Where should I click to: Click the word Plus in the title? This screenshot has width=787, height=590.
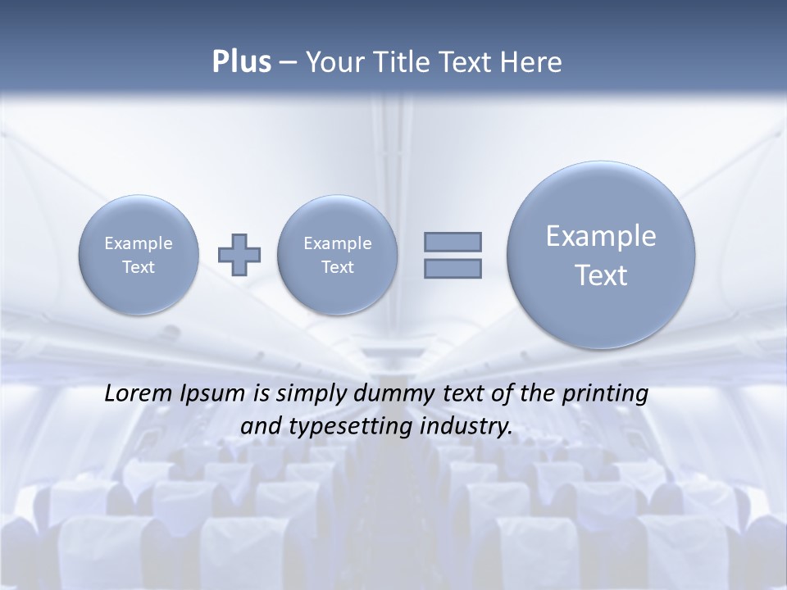[241, 62]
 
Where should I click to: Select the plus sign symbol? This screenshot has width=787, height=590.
[239, 254]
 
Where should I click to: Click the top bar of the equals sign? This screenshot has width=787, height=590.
[453, 242]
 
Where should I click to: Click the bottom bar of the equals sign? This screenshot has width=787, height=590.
[453, 268]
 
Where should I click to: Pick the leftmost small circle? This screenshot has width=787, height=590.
[139, 255]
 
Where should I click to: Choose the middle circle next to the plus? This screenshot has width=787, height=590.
[338, 255]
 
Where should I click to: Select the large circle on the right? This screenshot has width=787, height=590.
[601, 255]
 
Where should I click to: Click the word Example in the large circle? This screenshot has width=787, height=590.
[601, 236]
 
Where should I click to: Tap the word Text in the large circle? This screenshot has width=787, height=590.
[601, 275]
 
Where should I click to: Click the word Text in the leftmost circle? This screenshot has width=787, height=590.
[139, 267]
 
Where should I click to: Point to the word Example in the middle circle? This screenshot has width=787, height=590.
[338, 243]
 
